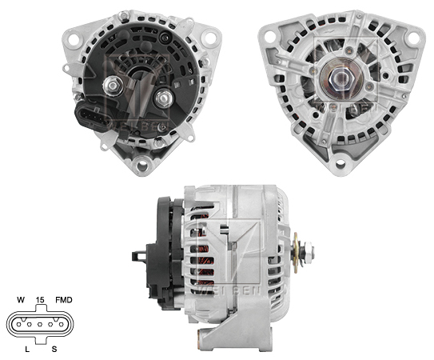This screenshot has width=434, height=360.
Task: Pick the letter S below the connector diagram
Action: click(x=54, y=347)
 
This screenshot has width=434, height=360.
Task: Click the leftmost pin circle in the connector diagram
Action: click(x=17, y=324)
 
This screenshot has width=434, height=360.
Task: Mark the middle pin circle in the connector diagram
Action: click(x=38, y=324)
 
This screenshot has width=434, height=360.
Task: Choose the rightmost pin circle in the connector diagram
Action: click(x=58, y=324)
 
